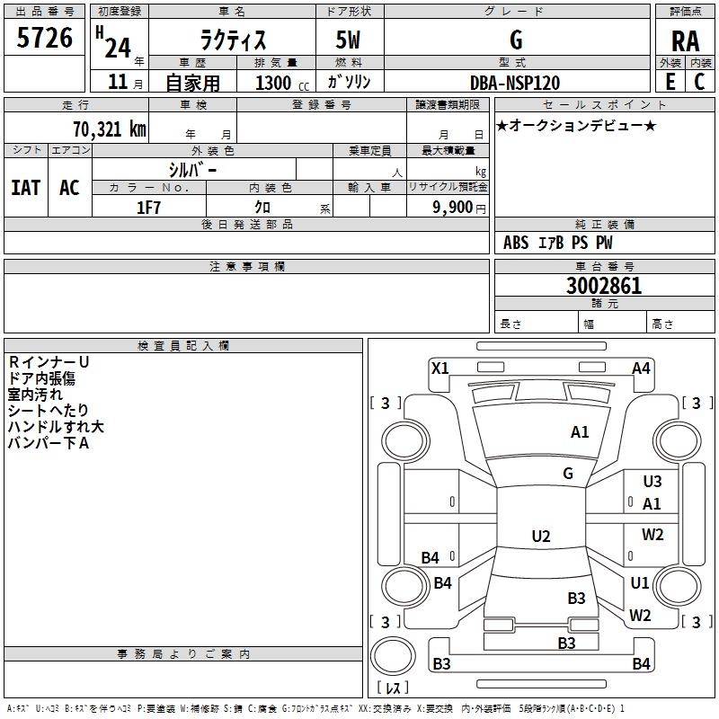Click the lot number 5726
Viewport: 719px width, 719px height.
44,37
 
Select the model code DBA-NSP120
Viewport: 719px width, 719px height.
515,83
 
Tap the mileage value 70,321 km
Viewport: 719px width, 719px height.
110,129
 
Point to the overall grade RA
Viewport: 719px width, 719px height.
685,41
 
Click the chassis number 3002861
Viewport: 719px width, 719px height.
604,285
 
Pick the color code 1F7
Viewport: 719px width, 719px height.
148,208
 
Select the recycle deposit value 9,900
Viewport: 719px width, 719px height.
453,207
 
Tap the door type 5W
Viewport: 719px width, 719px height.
348,40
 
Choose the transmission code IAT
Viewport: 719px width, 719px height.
26,188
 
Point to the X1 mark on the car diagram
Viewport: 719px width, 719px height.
440,368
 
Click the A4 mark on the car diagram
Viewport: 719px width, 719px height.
641,368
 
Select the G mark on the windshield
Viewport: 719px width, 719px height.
568,473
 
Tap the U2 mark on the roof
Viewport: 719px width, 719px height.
541,536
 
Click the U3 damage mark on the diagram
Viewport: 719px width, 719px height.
652,481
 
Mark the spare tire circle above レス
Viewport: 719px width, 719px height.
393,655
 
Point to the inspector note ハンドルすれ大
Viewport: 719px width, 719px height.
56,426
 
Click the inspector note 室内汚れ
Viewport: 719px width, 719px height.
35,395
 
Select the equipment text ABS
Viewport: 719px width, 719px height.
516,243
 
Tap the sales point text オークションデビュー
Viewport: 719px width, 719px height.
576,125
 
